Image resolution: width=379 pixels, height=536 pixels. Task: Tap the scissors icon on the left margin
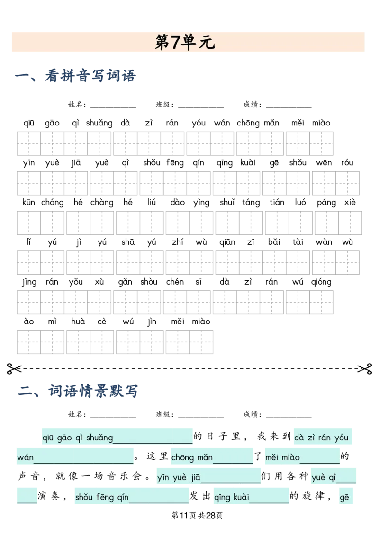pyautogui.click(x=15, y=369)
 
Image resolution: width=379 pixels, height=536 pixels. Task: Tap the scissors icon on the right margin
pyautogui.click(x=364, y=369)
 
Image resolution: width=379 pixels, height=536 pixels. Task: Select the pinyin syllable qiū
pyautogui.click(x=48, y=438)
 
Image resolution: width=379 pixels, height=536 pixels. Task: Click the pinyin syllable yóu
pyautogui.click(x=341, y=438)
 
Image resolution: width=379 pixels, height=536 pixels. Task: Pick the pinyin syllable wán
pyautogui.click(x=25, y=458)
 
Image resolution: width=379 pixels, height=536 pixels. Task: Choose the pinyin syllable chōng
pyautogui.click(x=182, y=458)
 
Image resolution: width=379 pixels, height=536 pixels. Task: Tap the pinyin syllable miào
pyautogui.click(x=289, y=458)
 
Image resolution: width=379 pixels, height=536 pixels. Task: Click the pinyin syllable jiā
pyautogui.click(x=195, y=478)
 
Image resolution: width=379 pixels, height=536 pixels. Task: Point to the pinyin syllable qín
pyautogui.click(x=122, y=498)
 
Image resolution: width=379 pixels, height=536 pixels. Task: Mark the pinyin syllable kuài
pyautogui.click(x=241, y=498)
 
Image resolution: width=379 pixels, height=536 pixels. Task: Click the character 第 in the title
pyautogui.click(x=162, y=42)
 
